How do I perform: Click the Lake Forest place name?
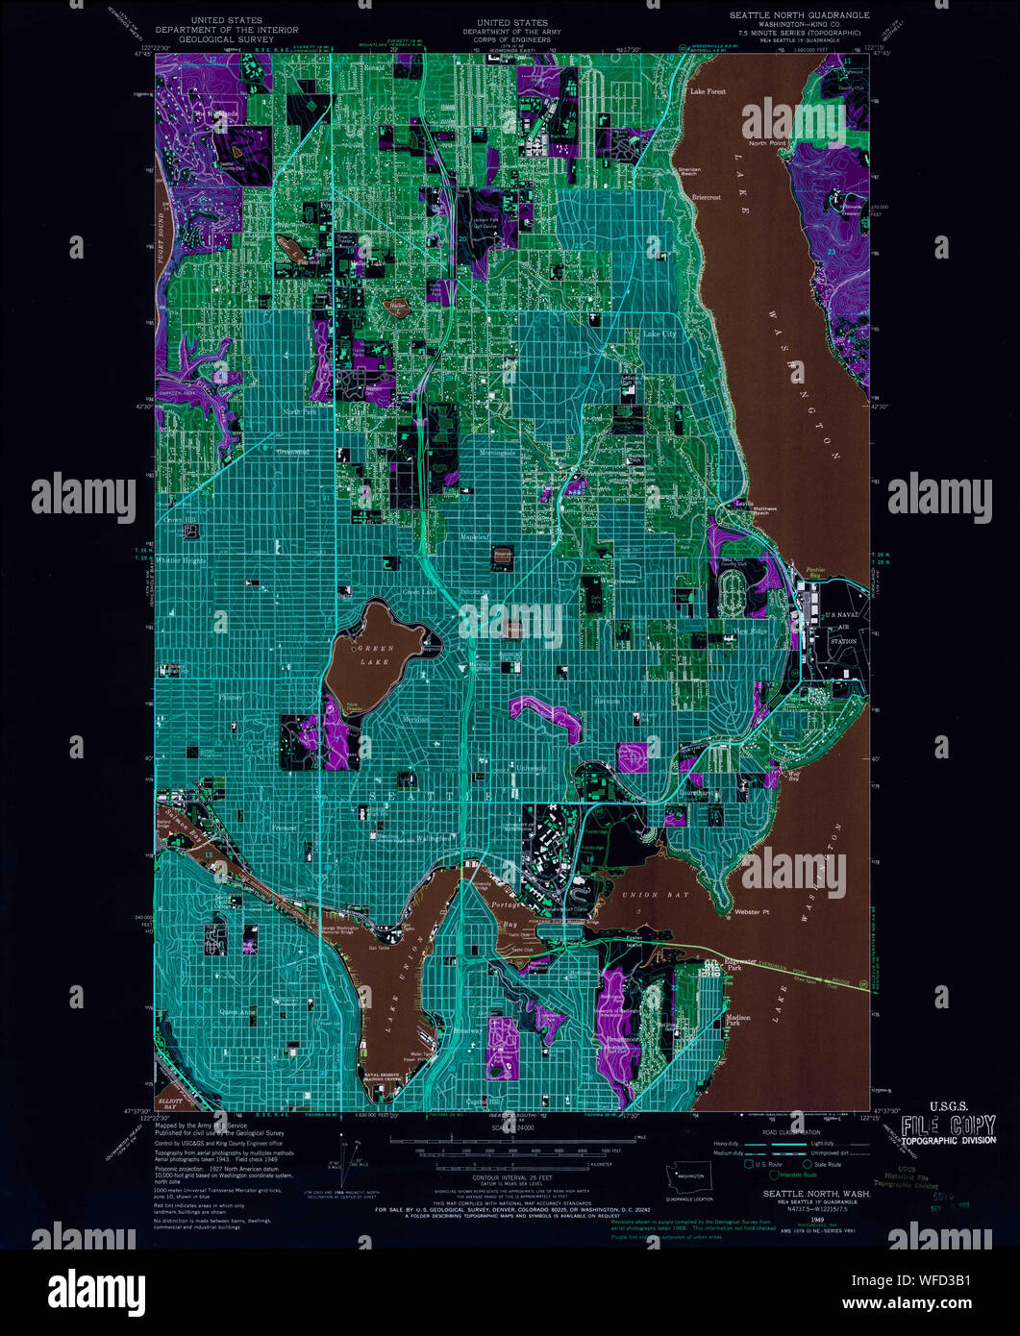pos(708,91)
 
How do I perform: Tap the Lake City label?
pos(659,334)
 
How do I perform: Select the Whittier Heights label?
pos(183,559)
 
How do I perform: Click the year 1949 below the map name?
pos(817,1218)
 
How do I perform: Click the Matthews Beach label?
pos(752,510)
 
